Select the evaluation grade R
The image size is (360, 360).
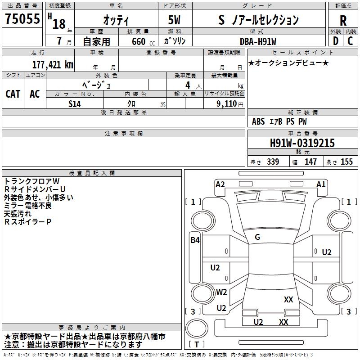pyautogui.click(x=343, y=21)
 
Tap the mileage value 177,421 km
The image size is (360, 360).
pyautogui.click(x=53, y=64)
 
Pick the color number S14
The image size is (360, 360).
pyautogui.click(x=75, y=103)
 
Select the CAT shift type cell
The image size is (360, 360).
pyautogui.click(x=13, y=94)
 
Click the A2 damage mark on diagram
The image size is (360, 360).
pyautogui.click(x=220, y=184)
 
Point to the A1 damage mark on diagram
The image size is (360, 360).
pyautogui.click(x=321, y=184)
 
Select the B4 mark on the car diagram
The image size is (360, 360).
pyautogui.click(x=194, y=240)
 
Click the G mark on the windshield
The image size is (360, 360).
pyautogui.click(x=257, y=237)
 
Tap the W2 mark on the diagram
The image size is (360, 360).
pyautogui.click(x=221, y=292)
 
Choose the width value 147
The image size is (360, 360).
pyautogui.click(x=310, y=162)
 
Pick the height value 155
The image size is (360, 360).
pyautogui.click(x=346, y=162)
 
